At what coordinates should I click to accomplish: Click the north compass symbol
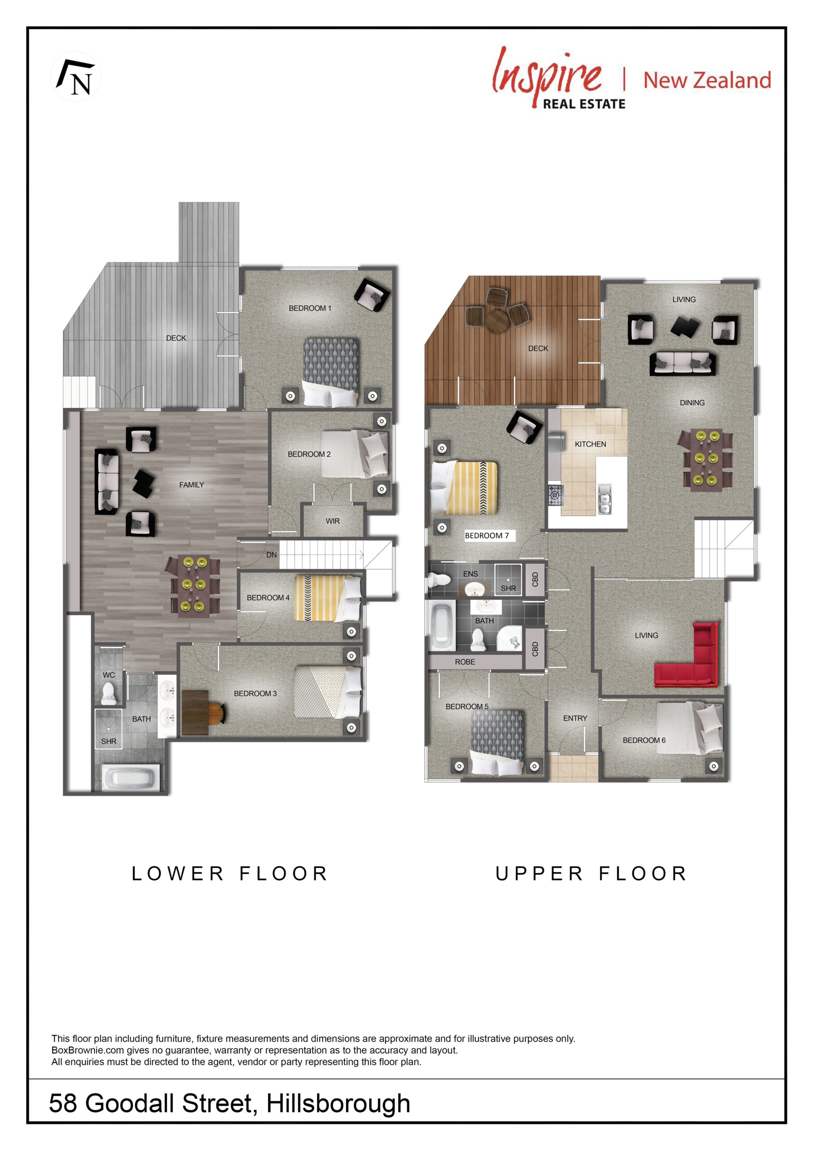coord(75,77)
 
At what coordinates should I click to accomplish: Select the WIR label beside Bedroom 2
coord(333,521)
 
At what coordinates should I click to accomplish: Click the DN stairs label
coord(271,554)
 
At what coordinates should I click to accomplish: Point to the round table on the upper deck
coord(497,321)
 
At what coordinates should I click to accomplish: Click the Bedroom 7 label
coord(486,535)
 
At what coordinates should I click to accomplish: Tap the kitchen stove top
coord(556,495)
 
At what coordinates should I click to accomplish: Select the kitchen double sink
coord(605,499)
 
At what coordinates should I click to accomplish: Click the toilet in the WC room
coord(109,693)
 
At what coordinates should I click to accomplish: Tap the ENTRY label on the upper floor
coord(575,718)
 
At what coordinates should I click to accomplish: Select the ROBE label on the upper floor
coord(465,662)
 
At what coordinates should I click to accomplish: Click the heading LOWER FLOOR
coord(230,874)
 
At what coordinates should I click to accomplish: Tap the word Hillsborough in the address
coord(338,1103)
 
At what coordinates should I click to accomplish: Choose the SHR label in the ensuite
coord(508,588)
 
